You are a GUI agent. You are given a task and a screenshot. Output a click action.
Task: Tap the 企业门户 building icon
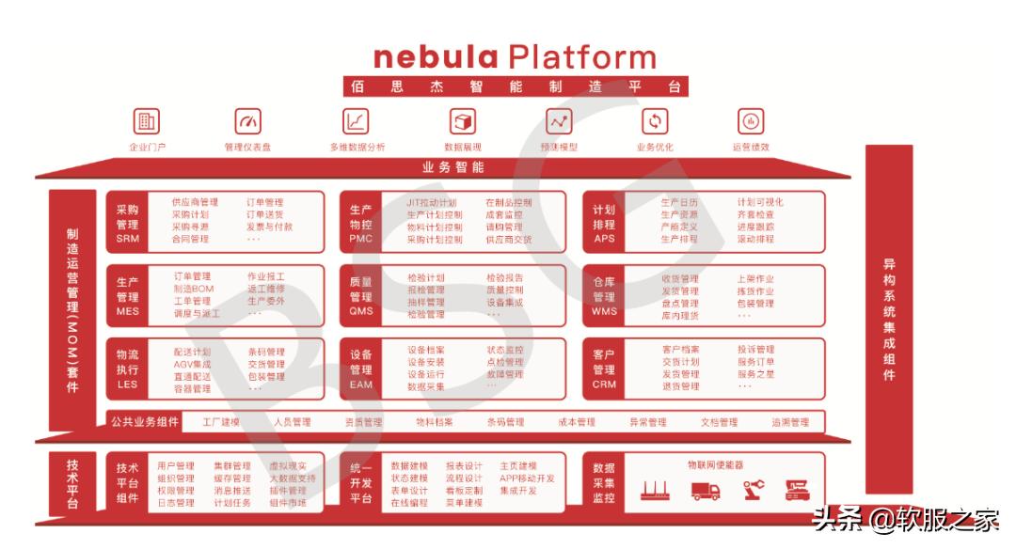[x=147, y=121]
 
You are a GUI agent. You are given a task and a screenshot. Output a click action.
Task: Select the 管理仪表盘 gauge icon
[x=248, y=121]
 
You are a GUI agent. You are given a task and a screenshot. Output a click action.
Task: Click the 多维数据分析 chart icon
[x=357, y=121]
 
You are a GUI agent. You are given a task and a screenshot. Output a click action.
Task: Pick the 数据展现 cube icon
[x=463, y=121]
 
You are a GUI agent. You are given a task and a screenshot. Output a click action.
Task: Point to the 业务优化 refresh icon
[x=655, y=121]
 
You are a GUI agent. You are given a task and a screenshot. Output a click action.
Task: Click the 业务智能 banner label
[x=453, y=167]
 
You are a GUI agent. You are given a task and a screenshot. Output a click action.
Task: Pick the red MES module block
[x=128, y=296]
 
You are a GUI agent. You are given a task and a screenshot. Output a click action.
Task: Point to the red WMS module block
[x=604, y=296]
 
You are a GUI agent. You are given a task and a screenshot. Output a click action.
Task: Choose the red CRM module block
[x=604, y=369]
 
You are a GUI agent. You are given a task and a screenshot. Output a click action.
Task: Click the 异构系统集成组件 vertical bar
[x=889, y=320]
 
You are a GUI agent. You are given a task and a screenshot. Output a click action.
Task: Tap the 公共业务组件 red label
[x=144, y=422]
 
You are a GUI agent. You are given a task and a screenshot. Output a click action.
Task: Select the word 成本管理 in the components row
[x=577, y=423]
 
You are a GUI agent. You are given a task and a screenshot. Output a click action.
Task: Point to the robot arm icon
[x=754, y=490]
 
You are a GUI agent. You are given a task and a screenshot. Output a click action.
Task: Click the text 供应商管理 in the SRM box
[x=195, y=202]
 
